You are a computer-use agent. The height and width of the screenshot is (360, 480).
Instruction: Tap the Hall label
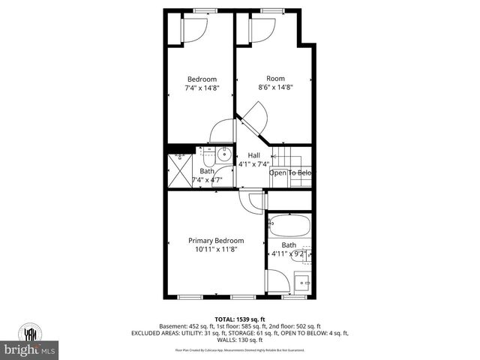(x=244, y=155)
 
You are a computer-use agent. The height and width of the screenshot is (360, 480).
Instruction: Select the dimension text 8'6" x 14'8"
(x=275, y=87)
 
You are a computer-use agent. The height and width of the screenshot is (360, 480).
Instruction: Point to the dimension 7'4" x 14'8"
(x=202, y=88)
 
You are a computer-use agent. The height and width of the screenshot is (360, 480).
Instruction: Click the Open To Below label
(x=290, y=173)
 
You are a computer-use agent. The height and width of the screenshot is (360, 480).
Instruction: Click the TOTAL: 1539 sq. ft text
(x=236, y=319)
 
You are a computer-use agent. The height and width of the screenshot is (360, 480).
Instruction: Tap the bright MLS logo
(x=29, y=349)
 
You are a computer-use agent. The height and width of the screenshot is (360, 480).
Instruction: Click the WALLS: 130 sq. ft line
(x=236, y=340)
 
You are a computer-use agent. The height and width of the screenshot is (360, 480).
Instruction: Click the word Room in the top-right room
(x=275, y=79)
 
